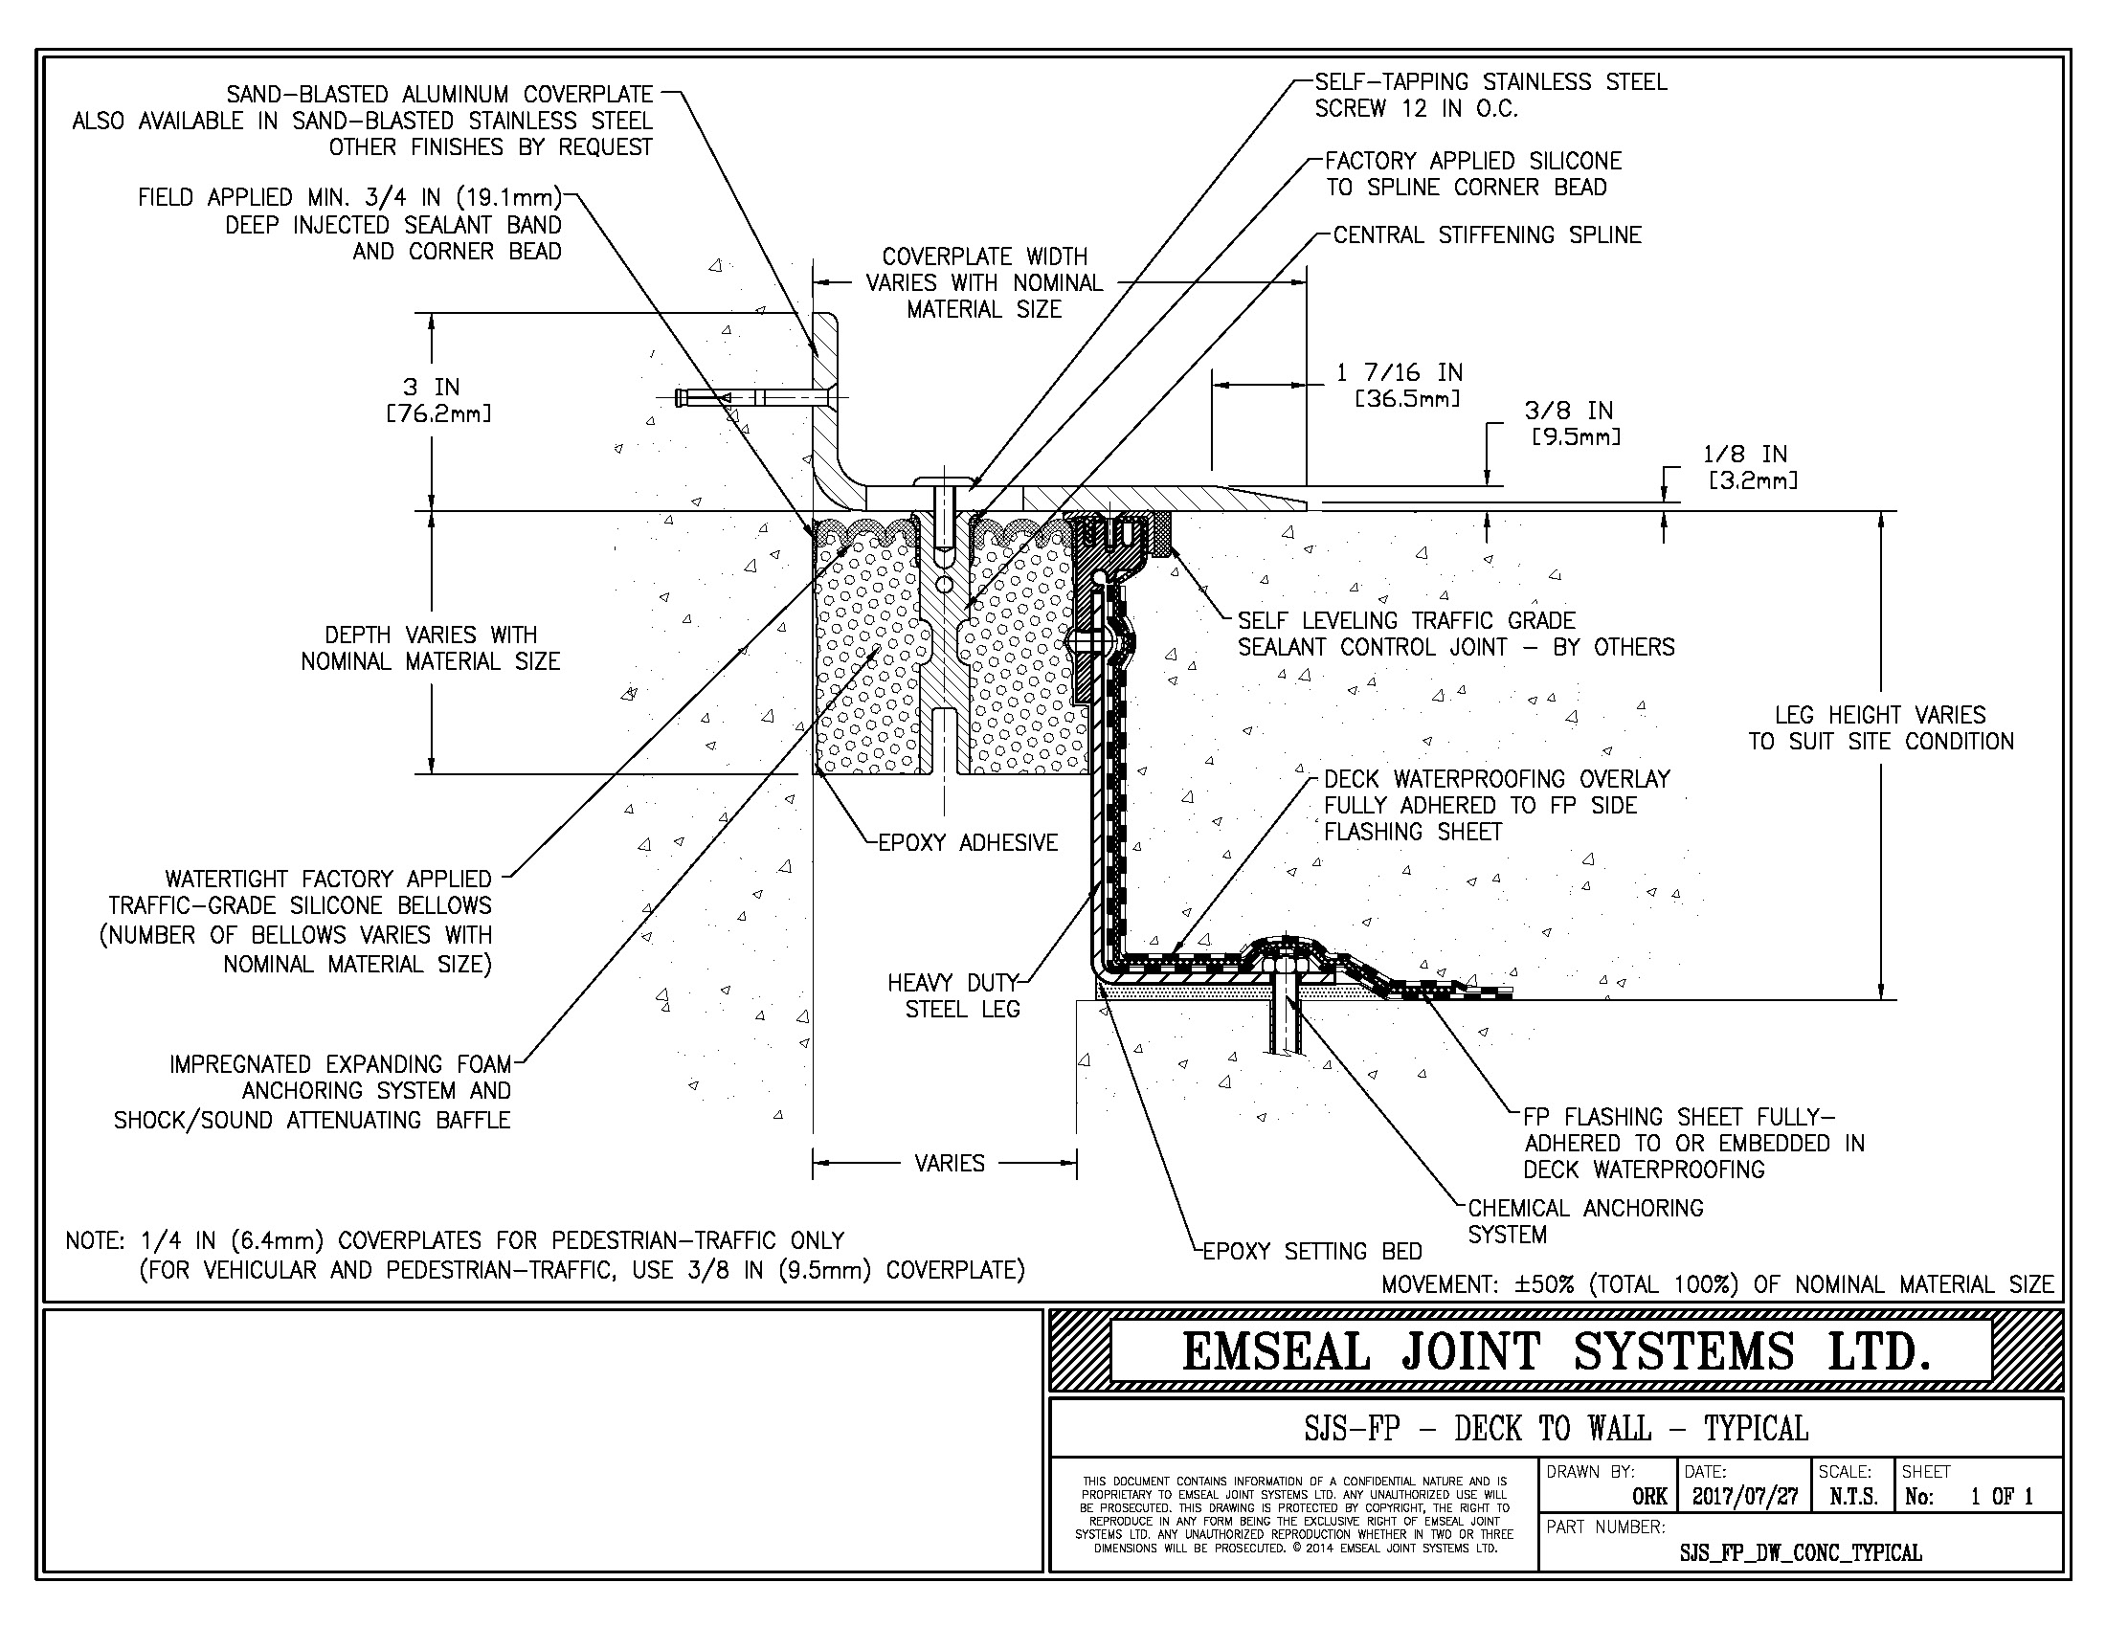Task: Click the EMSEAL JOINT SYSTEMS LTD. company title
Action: [1556, 1351]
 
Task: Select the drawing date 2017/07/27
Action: [1744, 1497]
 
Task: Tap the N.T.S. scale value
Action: [1852, 1497]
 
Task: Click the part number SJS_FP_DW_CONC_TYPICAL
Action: [1801, 1552]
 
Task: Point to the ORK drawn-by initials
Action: [1649, 1497]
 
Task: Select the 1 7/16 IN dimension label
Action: [1400, 373]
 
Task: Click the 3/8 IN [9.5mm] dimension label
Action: [1574, 423]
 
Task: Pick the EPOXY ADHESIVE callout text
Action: [967, 843]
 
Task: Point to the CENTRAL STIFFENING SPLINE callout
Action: [1487, 235]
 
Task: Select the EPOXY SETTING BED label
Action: [1312, 1251]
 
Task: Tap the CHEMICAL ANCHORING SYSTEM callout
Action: [1584, 1221]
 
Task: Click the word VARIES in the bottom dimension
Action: [949, 1164]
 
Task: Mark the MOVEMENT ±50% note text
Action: [1716, 1284]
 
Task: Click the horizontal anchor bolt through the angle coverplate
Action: [752, 397]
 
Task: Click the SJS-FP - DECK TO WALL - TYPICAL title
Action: [1556, 1428]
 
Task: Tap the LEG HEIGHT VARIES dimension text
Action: [1880, 727]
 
